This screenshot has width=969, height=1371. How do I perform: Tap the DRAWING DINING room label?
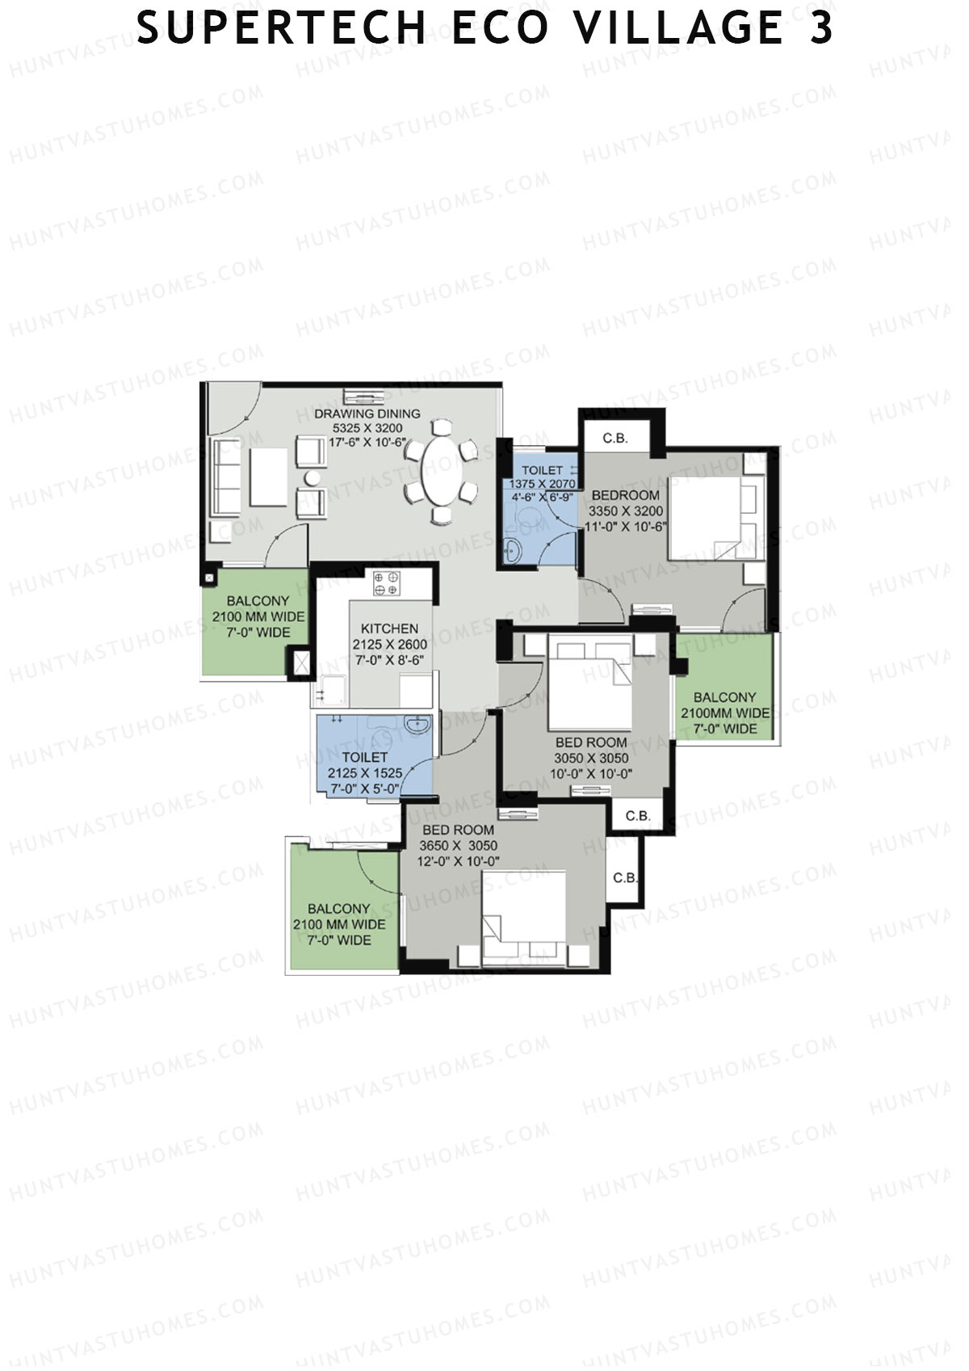[x=367, y=414]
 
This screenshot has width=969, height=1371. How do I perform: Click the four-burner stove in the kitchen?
[x=387, y=583]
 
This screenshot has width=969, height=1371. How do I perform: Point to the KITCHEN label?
[x=390, y=629]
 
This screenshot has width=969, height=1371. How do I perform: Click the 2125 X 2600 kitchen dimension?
[x=390, y=644]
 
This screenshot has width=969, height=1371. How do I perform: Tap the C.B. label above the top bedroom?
[x=615, y=438]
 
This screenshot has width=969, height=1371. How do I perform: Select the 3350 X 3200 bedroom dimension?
[x=626, y=511]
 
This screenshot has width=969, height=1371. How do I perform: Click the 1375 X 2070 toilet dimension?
[x=542, y=483]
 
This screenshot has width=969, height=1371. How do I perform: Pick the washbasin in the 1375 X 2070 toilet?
[x=512, y=551]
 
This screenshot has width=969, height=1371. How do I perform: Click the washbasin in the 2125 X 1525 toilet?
[x=417, y=724]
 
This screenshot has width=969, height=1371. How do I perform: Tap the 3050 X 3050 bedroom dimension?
[x=591, y=758]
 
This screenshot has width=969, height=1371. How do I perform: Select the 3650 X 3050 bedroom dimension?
[x=458, y=845]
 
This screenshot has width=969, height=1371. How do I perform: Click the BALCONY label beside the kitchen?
[x=258, y=601]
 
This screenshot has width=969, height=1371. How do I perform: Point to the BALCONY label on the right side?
[x=725, y=697]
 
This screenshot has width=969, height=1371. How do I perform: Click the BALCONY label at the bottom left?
[x=339, y=909]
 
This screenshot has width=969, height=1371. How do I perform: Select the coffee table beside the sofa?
[x=268, y=477]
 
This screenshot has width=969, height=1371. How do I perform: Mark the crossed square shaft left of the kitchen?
[x=301, y=663]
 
